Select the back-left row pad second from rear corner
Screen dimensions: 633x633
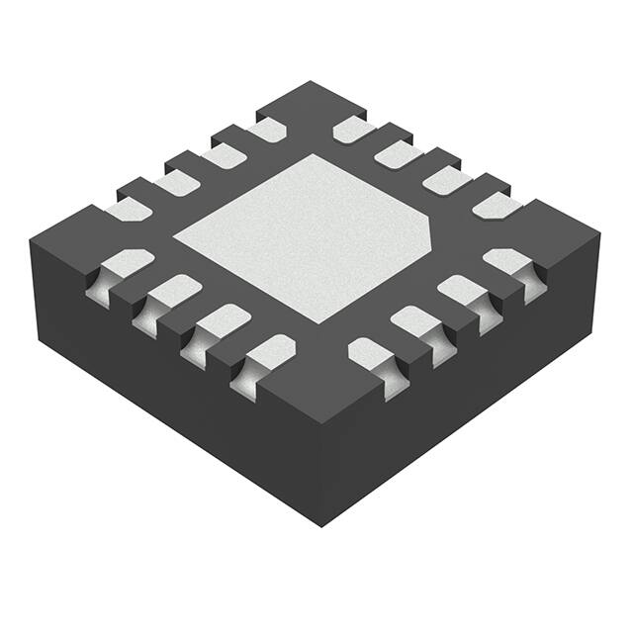click(x=222, y=154)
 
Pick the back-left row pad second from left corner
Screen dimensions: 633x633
click(x=176, y=181)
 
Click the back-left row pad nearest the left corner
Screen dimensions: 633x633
click(x=129, y=209)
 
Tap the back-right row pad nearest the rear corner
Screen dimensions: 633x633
click(x=354, y=129)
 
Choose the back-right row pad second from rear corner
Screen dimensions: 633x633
click(x=399, y=153)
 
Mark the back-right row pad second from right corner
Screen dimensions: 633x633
click(x=446, y=179)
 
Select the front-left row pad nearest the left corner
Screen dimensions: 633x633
click(x=127, y=264)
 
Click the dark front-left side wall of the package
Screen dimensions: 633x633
click(x=168, y=396)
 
